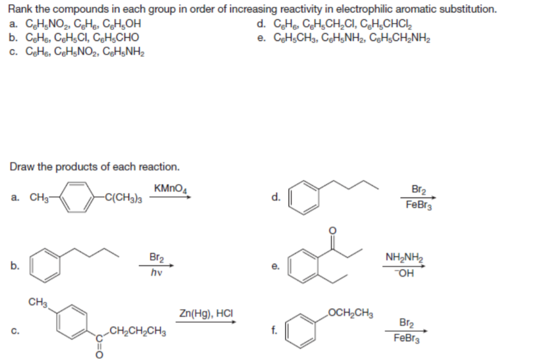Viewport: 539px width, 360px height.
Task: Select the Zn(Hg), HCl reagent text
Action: click(205, 314)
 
